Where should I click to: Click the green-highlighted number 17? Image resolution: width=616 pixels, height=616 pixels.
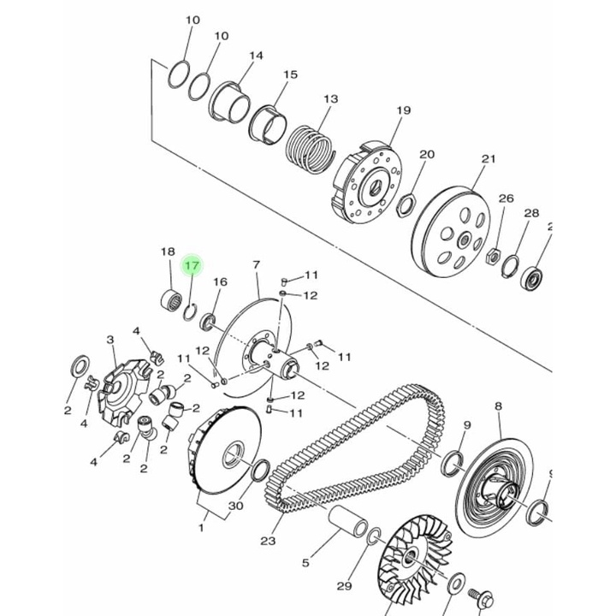(192, 266)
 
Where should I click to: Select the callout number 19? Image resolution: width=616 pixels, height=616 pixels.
(403, 111)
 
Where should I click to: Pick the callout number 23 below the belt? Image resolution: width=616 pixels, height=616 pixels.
(268, 540)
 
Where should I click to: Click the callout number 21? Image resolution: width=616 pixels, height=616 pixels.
(488, 159)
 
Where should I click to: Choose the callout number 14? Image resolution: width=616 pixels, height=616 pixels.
(255, 56)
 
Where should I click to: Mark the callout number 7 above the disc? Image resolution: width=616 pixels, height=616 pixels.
(255, 265)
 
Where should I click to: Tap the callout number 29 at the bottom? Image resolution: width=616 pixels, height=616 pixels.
(344, 586)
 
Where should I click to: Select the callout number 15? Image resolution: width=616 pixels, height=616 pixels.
(290, 75)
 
